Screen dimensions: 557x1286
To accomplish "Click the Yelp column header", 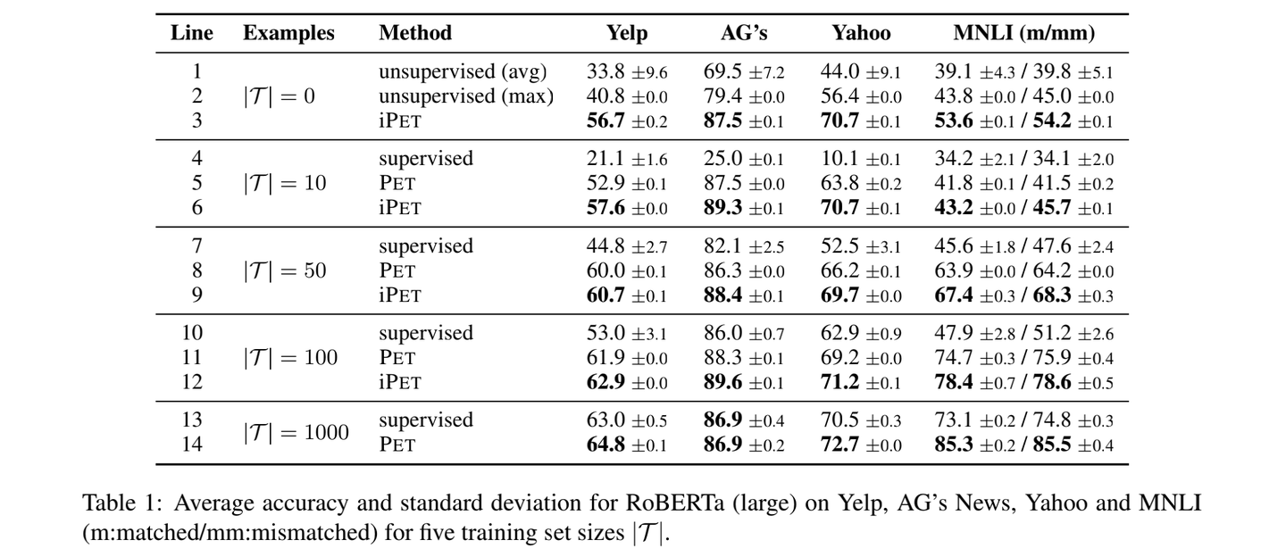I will coord(626,33).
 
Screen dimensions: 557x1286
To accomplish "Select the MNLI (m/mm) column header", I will coord(1023,33).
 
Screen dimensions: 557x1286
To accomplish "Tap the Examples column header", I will coord(288,33).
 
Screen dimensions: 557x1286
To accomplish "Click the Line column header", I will coord(191,33).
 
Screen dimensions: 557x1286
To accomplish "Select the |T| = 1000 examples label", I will coord(296,432).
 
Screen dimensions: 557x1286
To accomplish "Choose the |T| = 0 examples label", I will coord(279,96).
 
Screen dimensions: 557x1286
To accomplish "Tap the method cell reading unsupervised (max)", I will coord(465,96).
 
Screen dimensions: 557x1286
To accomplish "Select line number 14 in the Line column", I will coord(191,445).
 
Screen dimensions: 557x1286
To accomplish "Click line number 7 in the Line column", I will coord(196,245).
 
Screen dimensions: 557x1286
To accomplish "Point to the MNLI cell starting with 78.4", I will coord(1023,382).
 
